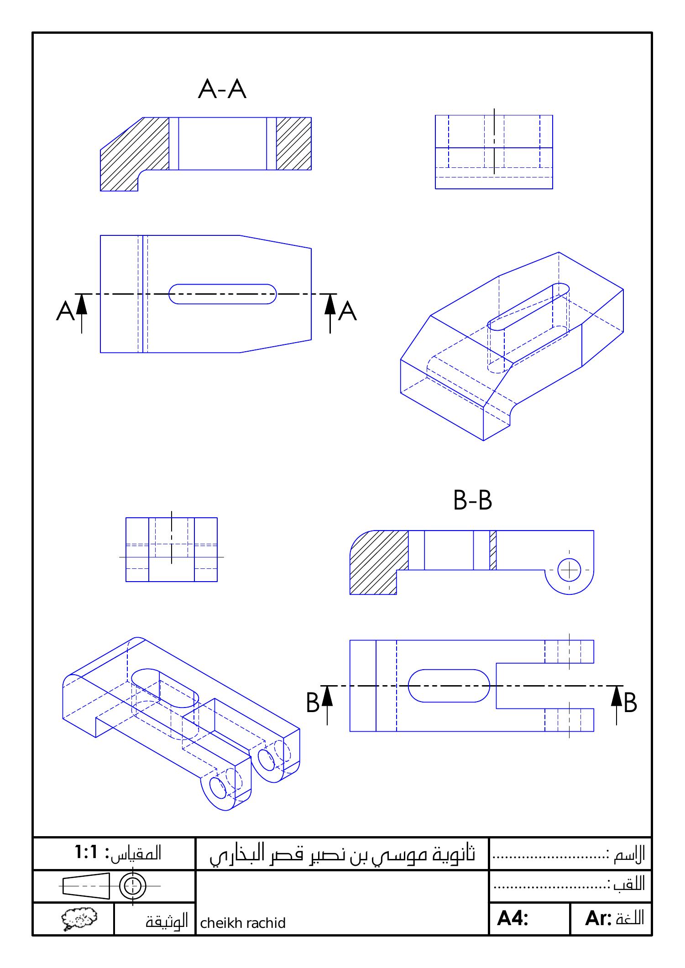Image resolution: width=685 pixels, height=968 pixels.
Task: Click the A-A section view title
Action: [x=222, y=89]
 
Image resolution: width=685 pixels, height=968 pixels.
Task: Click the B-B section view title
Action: [x=473, y=500]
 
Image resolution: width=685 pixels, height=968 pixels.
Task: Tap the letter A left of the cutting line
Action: [x=65, y=312]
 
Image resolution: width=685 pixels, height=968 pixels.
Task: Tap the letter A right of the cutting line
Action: [x=348, y=312]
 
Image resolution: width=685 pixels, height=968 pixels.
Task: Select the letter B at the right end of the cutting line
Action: [x=630, y=703]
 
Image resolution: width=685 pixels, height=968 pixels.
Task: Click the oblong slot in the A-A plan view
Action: [x=223, y=294]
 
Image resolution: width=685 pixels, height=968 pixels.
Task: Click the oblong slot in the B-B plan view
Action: [x=449, y=686]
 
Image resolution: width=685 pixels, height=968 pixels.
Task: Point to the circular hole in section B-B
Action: [x=569, y=570]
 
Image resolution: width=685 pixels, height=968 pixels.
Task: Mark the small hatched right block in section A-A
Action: [x=294, y=143]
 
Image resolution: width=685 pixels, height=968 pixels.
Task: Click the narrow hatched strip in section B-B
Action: [x=493, y=550]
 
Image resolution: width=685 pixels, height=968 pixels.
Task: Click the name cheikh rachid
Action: [x=243, y=923]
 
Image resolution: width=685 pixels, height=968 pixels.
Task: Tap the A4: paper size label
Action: [x=512, y=918]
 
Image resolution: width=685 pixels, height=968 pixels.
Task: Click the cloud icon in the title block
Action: [x=79, y=918]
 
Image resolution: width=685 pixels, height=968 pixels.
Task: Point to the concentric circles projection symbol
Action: [x=132, y=886]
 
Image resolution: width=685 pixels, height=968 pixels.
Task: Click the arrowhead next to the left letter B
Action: [x=327, y=696]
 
